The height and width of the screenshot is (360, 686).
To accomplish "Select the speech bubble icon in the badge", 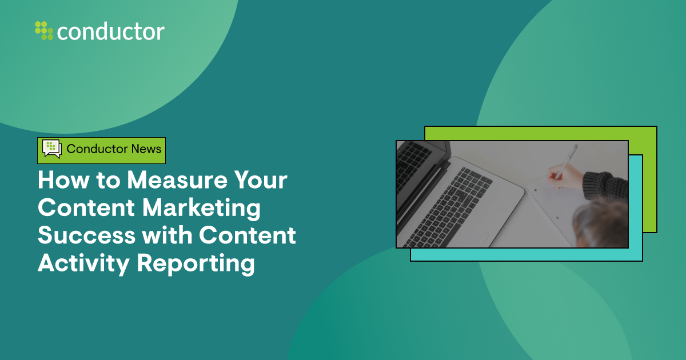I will click(51, 149).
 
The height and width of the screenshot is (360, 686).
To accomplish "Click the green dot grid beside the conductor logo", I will click(44, 30).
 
